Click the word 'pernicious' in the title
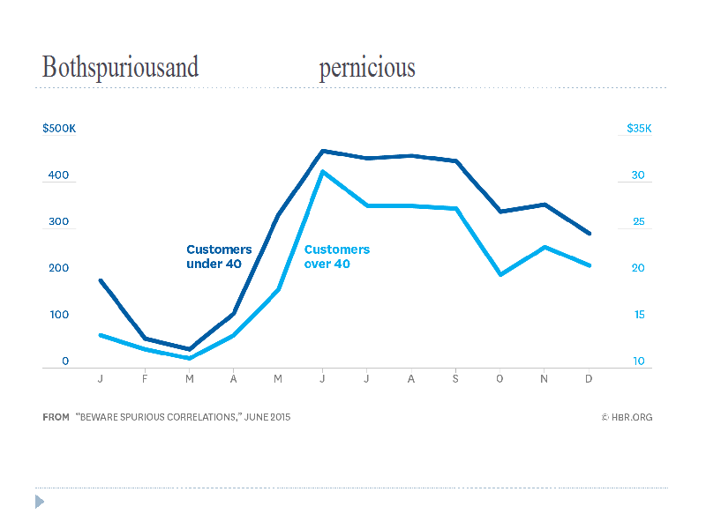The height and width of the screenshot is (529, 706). pyautogui.click(x=366, y=69)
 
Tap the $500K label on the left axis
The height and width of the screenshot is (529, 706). pyautogui.click(x=59, y=129)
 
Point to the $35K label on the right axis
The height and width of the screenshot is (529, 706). pyautogui.click(x=639, y=129)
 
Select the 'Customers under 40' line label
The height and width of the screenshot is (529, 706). pyautogui.click(x=219, y=256)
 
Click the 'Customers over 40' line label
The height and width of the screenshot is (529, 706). pyautogui.click(x=336, y=256)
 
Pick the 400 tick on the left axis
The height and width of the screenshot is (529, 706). pyautogui.click(x=58, y=175)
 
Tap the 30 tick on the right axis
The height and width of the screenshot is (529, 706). pyautogui.click(x=638, y=175)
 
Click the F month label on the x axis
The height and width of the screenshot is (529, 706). pyautogui.click(x=145, y=379)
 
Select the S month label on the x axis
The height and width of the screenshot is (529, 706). pyautogui.click(x=455, y=379)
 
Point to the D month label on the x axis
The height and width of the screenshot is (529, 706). pyautogui.click(x=589, y=379)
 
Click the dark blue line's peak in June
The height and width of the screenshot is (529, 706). pyautogui.click(x=323, y=151)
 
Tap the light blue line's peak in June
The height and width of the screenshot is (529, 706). pyautogui.click(x=323, y=171)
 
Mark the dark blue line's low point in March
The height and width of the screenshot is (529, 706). pyautogui.click(x=189, y=349)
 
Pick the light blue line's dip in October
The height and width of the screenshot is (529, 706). pyautogui.click(x=500, y=274)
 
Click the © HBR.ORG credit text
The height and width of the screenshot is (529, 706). pyautogui.click(x=627, y=417)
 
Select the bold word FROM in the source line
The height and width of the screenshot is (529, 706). pyautogui.click(x=56, y=417)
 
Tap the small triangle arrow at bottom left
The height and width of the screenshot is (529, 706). pyautogui.click(x=39, y=502)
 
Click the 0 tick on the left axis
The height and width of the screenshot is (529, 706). pyautogui.click(x=65, y=361)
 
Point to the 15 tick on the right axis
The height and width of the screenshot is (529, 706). pyautogui.click(x=638, y=315)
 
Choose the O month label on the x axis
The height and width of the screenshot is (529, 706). pyautogui.click(x=500, y=379)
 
